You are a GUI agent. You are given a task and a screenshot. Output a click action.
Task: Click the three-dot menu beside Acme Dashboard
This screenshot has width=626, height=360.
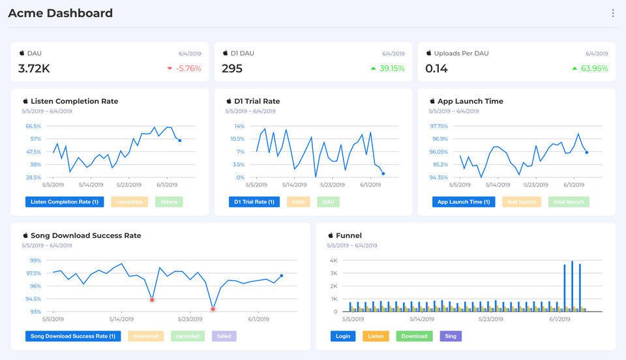click(612, 13)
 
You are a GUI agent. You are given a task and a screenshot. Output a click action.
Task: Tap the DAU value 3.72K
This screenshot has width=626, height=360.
click(34, 68)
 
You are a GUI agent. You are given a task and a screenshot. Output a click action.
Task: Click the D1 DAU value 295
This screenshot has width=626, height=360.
click(231, 68)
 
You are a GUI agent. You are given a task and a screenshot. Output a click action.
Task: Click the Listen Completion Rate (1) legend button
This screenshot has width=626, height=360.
click(65, 202)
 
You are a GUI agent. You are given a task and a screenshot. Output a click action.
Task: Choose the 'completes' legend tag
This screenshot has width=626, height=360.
click(130, 202)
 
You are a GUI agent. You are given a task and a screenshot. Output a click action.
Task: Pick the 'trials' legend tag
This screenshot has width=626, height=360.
click(299, 202)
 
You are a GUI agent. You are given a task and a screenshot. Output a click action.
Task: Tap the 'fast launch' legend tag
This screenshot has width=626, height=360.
click(522, 202)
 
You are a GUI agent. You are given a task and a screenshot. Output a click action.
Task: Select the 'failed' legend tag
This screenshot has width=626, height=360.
click(224, 337)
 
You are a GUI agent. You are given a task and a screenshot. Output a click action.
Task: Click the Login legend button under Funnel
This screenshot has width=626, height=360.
click(343, 337)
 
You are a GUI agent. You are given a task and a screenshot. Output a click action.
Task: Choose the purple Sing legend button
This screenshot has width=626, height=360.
click(450, 337)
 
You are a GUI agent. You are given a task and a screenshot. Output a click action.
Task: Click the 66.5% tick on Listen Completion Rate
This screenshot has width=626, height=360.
click(33, 126)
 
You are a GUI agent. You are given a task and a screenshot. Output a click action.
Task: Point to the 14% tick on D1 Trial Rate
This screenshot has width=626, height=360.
click(239, 126)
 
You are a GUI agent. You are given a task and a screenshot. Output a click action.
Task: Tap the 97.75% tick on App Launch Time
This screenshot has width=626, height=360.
click(439, 126)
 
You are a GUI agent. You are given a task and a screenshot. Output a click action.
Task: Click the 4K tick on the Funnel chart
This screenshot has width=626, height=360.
click(333, 260)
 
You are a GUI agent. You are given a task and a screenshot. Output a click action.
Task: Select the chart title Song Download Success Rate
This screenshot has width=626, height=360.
click(86, 235)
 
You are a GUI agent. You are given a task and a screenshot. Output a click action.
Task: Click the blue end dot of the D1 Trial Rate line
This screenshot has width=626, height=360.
click(383, 173)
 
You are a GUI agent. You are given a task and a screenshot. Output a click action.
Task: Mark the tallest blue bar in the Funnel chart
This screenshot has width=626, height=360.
click(572, 286)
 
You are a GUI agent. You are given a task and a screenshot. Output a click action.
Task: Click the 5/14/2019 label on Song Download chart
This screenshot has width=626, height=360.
click(122, 320)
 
